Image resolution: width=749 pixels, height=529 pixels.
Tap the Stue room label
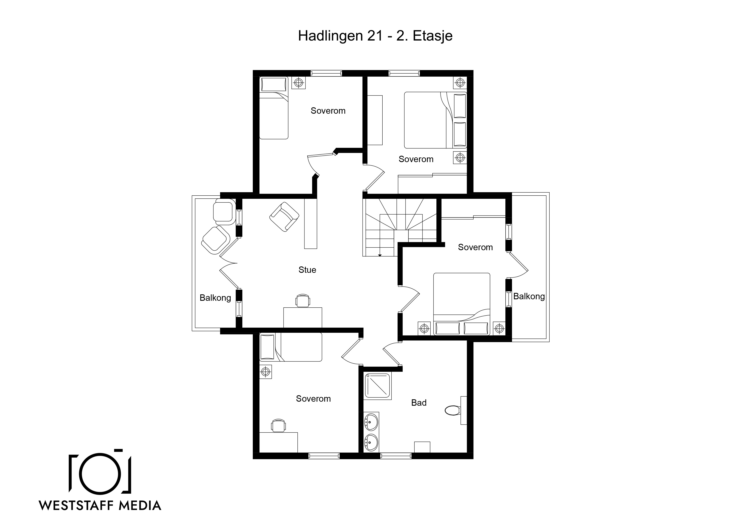[x=307, y=270]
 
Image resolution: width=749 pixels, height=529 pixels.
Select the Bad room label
[x=419, y=403]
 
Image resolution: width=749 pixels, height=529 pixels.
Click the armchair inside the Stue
[x=284, y=217]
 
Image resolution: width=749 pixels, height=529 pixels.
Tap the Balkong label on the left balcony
[x=215, y=298]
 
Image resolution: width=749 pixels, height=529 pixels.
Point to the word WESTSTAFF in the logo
[x=76, y=506]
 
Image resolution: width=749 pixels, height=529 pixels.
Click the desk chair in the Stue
[x=303, y=301]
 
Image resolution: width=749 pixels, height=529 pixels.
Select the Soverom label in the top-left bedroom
[x=328, y=111]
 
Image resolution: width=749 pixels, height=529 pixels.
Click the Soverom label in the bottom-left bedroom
[x=313, y=399]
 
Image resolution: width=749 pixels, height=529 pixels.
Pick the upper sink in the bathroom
[x=371, y=422]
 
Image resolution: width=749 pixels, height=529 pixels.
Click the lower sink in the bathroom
[x=371, y=442]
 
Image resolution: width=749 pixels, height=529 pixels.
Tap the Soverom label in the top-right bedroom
[x=416, y=159]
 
